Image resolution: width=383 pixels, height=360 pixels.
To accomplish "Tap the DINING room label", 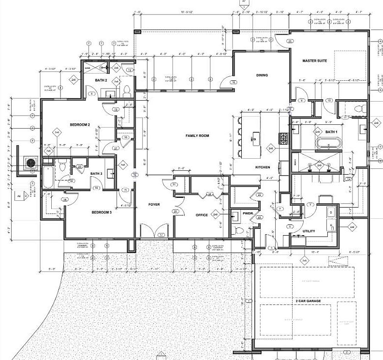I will click(x=262, y=75).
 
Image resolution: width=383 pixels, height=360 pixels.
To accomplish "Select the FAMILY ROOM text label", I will click(x=197, y=136).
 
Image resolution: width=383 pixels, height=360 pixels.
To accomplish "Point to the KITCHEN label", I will click(x=263, y=167).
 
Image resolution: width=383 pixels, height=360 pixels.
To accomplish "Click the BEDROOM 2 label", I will click(x=80, y=125).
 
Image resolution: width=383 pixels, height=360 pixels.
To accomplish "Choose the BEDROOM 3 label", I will click(x=102, y=212).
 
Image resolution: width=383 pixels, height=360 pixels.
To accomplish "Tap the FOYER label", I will click(x=154, y=205).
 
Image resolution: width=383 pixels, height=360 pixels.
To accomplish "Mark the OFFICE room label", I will click(x=202, y=215).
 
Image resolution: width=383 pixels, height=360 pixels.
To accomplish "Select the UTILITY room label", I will click(x=309, y=231).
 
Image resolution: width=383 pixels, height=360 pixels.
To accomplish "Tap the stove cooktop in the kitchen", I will click(x=284, y=139).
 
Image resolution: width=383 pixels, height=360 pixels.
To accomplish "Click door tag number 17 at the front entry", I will click(x=161, y=235).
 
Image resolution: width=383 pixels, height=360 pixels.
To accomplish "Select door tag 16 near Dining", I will click(x=233, y=83).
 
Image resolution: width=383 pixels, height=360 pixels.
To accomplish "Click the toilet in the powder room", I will click(x=237, y=230).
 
